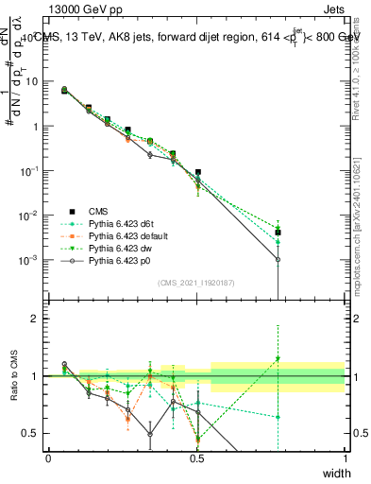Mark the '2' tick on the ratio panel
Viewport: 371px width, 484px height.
[x=36, y=319]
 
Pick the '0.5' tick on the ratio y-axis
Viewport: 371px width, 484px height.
[x=31, y=433]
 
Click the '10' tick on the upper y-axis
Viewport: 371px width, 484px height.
[x=31, y=81]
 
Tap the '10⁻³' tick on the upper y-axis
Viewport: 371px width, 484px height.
[x=30, y=259]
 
